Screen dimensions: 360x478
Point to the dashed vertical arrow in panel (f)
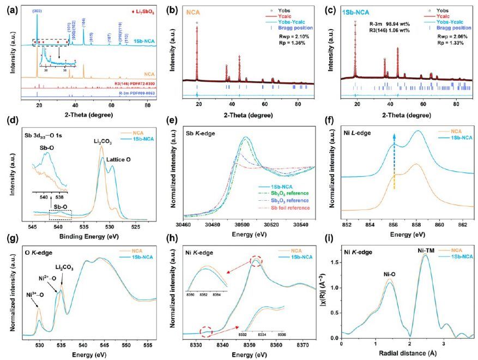pos(394,163)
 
